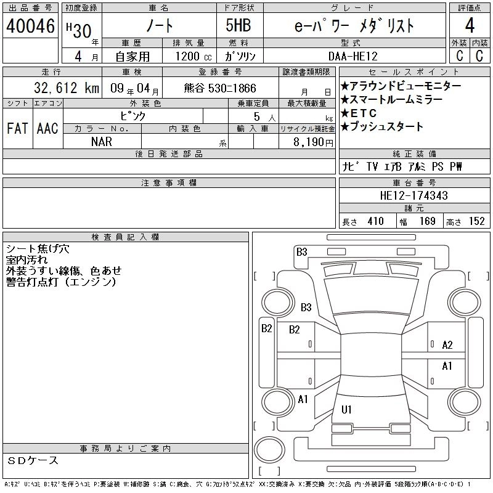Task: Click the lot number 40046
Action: pos(30,26)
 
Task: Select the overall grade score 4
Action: pos(470,25)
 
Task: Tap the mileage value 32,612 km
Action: pos(67,88)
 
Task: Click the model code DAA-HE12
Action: pos(352,56)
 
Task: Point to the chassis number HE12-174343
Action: pos(414,195)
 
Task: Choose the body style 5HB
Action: pos(238,25)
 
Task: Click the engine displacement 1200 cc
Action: pos(194,56)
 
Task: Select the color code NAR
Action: pos(102,142)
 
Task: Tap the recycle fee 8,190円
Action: pos(313,142)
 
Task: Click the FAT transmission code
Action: pos(18,128)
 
